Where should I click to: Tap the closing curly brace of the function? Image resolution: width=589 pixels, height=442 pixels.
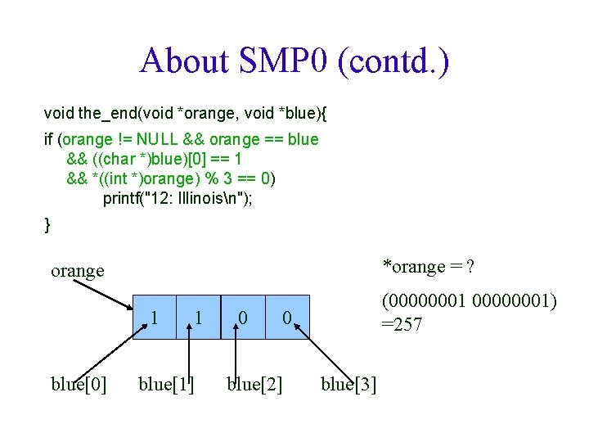47,224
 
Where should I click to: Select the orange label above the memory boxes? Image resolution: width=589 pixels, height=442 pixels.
78,271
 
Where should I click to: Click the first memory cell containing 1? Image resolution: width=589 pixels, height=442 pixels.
155,317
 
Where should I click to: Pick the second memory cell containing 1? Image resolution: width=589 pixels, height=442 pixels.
199,317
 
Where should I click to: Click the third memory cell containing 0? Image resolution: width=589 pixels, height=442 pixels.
243,317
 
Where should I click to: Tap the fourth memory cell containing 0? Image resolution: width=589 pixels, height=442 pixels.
287,317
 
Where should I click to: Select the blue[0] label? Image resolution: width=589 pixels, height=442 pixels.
79,384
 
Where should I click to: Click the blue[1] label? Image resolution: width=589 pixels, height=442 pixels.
166,384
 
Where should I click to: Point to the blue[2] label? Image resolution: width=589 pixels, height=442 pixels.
254,384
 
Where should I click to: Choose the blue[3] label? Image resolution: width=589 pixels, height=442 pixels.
349,384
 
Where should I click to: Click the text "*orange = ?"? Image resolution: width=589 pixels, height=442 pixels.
430,267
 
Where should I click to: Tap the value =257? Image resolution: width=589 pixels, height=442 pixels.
402,325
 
